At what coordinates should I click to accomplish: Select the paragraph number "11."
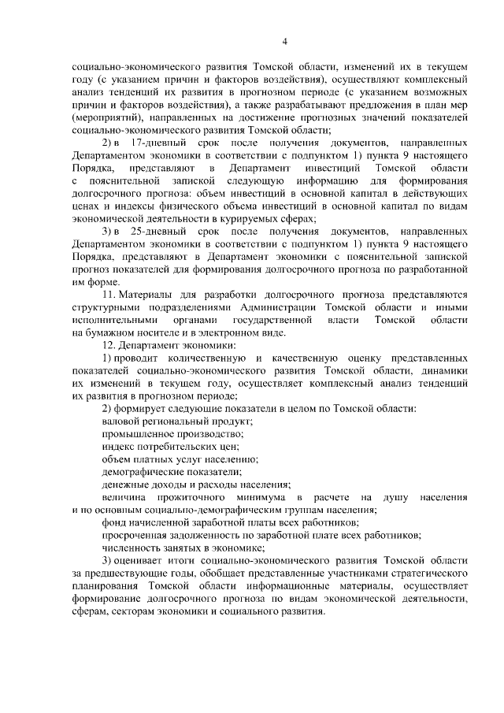[109, 296]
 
